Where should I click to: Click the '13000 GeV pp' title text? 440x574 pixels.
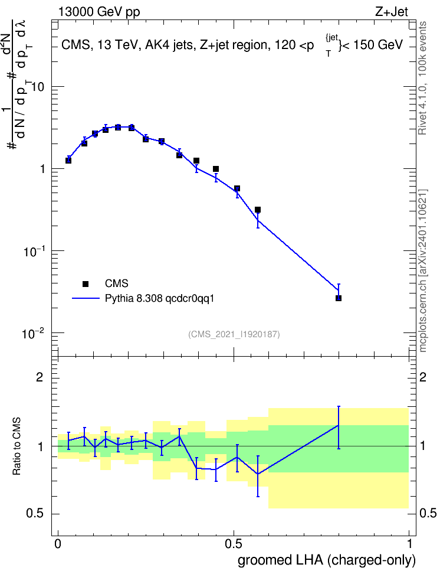click(98, 12)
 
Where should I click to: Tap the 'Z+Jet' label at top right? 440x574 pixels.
click(392, 12)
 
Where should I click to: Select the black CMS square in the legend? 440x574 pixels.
click(86, 283)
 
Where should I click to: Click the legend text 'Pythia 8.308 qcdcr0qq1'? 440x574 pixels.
click(159, 299)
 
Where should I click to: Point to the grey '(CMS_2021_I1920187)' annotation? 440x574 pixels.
click(234, 334)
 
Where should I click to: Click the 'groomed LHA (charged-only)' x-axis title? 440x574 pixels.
click(327, 560)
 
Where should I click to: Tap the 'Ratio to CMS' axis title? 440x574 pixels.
click(17, 446)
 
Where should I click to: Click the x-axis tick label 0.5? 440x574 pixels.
click(234, 544)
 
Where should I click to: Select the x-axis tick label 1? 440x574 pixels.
click(409, 544)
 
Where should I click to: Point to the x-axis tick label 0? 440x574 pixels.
click(58, 544)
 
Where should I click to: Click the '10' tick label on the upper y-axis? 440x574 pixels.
click(38, 87)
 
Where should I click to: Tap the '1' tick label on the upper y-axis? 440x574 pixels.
click(42, 169)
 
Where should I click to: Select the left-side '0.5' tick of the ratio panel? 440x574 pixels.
click(35, 514)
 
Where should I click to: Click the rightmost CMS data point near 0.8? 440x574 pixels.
click(339, 298)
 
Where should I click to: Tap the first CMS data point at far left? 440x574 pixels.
click(68, 161)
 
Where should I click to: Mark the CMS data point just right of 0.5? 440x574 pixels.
click(237, 188)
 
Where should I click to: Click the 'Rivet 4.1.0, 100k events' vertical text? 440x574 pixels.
click(422, 78)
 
